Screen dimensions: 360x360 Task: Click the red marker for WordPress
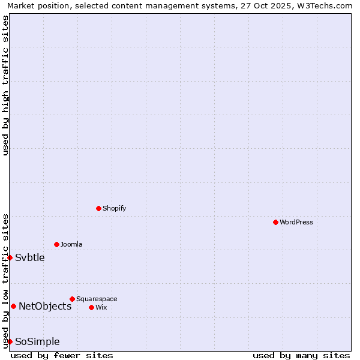(275, 222)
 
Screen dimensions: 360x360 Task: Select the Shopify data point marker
(98, 208)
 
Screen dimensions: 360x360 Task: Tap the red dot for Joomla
(56, 244)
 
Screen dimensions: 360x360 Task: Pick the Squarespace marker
(72, 299)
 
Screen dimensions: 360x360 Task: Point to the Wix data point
(91, 307)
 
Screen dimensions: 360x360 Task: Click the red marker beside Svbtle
(10, 257)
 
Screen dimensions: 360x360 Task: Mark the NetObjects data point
(13, 306)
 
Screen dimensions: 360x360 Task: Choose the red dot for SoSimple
(10, 341)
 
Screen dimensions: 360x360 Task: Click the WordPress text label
(296, 222)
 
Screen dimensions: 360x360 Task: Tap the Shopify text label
(115, 208)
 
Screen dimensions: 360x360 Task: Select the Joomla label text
(71, 244)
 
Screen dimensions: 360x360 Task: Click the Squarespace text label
(97, 299)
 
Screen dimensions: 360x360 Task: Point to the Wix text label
(101, 307)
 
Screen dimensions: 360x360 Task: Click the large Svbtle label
(30, 257)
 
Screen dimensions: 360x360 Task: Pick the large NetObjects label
(45, 306)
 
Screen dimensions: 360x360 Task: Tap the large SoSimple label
(37, 341)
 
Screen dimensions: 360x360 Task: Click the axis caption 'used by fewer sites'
(62, 355)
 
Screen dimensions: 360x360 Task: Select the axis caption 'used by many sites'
(301, 355)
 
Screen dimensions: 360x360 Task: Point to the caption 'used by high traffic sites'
(5, 85)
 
